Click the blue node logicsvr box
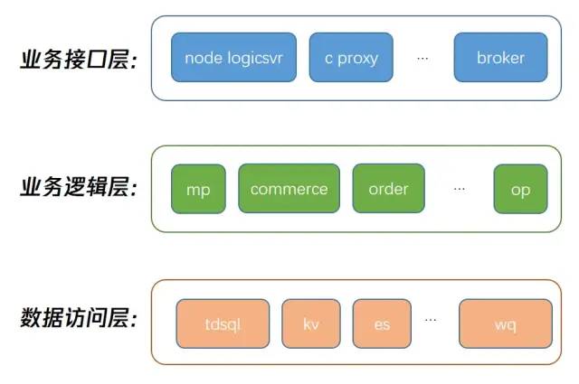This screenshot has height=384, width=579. pos(233,57)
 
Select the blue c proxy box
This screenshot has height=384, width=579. pos(351,57)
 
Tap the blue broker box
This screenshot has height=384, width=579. pos(500,57)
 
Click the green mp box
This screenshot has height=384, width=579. pos(198,189)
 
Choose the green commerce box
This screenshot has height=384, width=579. pos(289,189)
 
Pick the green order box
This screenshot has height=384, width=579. pos(388,189)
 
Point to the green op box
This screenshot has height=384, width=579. pos(521,189)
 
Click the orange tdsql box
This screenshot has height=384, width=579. pos(223,323)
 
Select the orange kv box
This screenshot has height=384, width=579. pos(311,323)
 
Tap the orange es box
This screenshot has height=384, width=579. pos(382,323)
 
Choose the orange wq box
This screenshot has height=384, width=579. pos(506,323)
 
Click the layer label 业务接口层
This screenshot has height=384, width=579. pos(79,59)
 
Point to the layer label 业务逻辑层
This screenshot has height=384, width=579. pos(79,187)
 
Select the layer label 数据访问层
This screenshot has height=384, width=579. pos(79,317)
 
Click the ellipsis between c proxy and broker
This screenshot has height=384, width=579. pos(422,59)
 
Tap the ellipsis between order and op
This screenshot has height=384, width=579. pos(460,189)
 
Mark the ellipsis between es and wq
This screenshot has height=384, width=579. pos(431,320)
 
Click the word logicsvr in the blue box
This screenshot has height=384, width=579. pos(255,59)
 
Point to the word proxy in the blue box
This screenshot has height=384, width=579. pos(358,59)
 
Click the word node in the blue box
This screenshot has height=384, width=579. pos(204,58)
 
